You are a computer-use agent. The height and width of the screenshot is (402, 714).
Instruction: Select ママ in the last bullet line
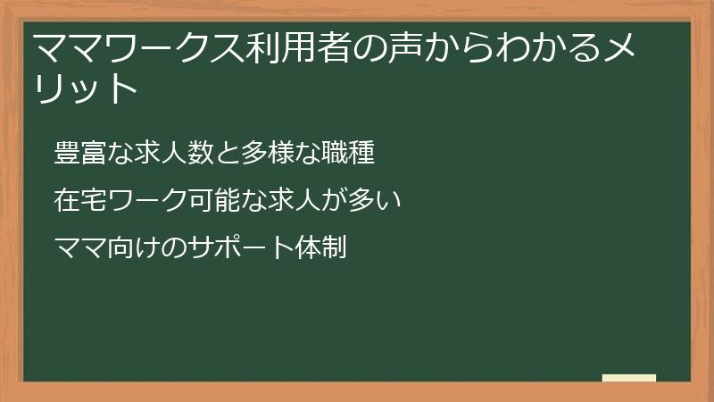76,247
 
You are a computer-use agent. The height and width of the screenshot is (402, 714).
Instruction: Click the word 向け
132,247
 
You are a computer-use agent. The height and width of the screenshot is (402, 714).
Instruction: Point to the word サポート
230,247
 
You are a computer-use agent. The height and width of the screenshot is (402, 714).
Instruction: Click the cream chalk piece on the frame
629,378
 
